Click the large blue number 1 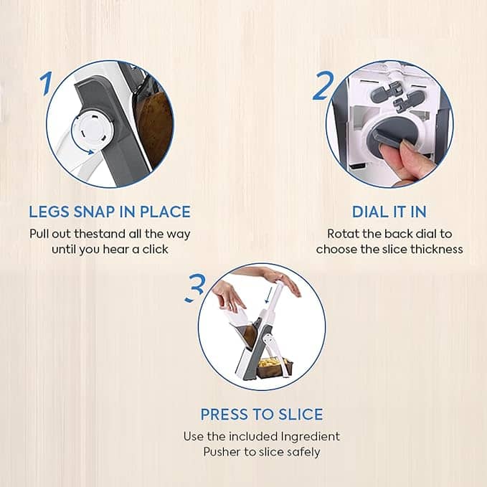(47, 83)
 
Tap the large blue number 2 (323, 85)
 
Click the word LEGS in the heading (49, 212)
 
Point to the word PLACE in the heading (165, 212)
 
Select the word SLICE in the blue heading (301, 415)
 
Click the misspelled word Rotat (343, 234)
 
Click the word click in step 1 (156, 249)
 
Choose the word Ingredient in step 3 (311, 437)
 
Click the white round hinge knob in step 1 (93, 130)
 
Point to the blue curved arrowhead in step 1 (90, 152)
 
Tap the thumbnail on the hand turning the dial (408, 146)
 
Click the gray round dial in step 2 (391, 138)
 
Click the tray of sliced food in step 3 (274, 368)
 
